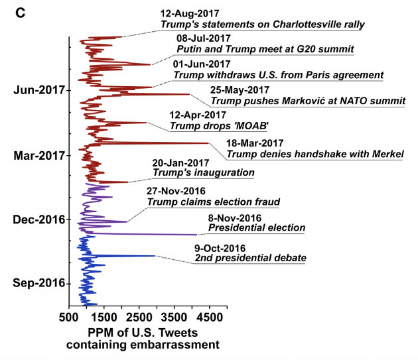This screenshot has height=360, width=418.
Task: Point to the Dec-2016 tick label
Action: pyautogui.click(x=38, y=219)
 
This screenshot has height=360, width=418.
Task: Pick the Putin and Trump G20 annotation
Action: pyautogui.click(x=265, y=50)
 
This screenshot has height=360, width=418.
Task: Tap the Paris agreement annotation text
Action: pyautogui.click(x=278, y=75)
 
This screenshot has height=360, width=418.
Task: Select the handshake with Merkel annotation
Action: pyautogui.click(x=314, y=154)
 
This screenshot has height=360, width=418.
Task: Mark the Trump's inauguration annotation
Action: pyautogui.click(x=203, y=172)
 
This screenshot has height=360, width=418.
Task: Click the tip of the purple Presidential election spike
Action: pyautogui.click(x=197, y=234)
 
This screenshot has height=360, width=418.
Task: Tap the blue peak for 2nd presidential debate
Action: pyautogui.click(x=155, y=256)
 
